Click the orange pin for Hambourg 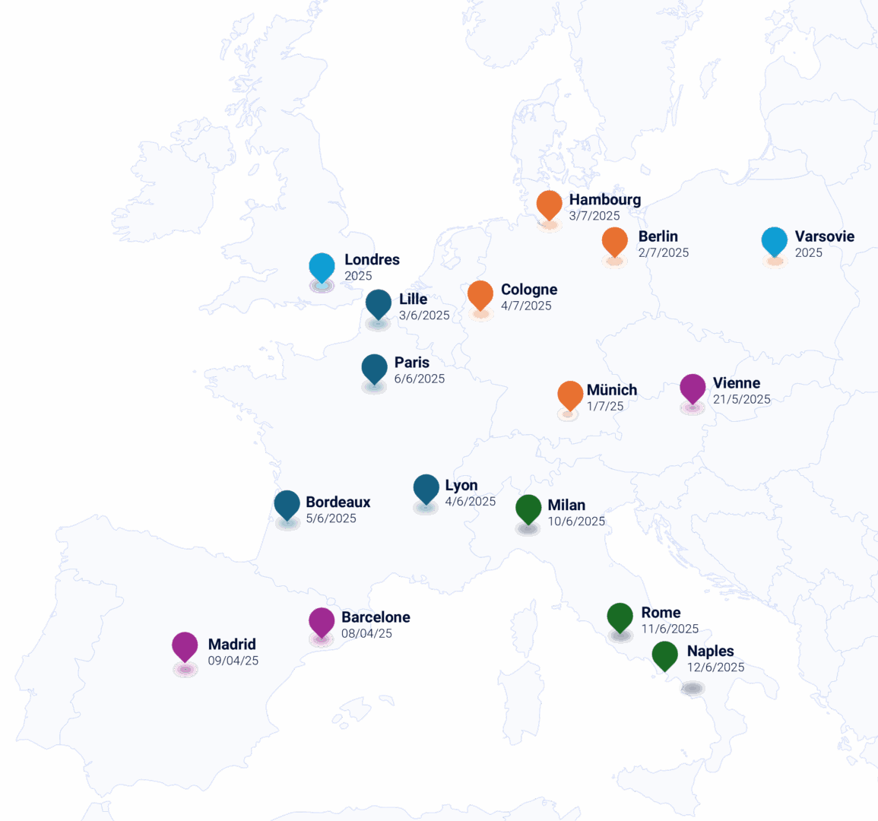549,205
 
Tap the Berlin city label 658,236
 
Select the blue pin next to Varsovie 774,242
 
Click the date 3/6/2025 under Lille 424,315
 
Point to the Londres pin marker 322,268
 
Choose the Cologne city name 529,290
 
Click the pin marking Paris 374,369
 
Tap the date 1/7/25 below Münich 605,407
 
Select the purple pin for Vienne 692,388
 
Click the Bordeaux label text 338,502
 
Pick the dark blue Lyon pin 426,490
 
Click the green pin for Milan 528,509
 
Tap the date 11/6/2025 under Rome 670,629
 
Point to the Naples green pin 665,655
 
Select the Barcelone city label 376,617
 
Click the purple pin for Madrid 185,647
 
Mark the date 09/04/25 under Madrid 233,661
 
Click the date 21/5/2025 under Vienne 742,400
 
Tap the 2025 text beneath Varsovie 809,253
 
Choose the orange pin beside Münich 569,395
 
